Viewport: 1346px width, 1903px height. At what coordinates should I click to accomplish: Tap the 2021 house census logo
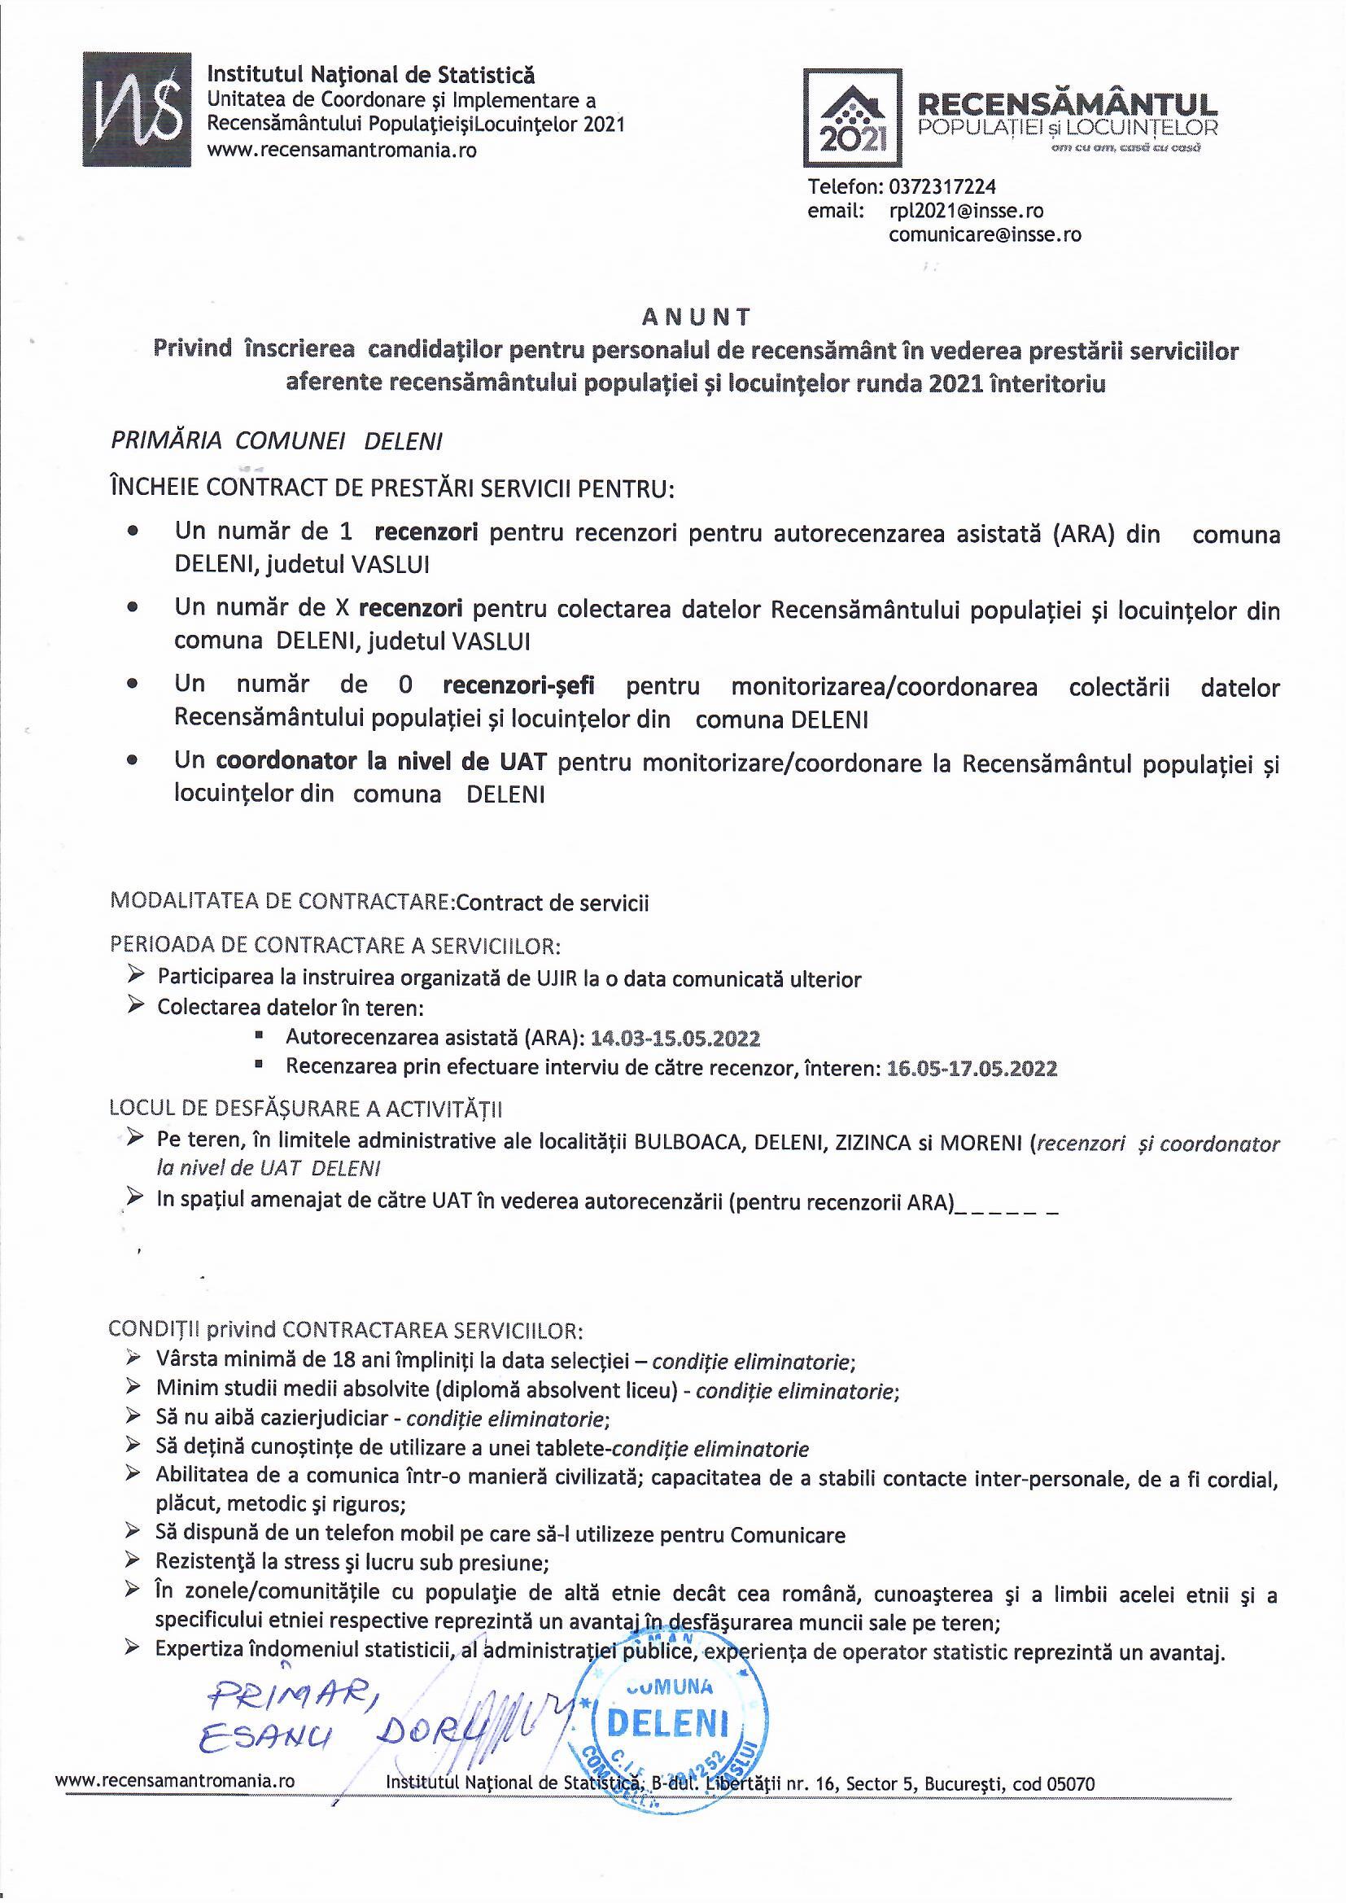pos(853,119)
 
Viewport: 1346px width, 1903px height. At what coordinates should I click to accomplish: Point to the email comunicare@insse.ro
pos(985,234)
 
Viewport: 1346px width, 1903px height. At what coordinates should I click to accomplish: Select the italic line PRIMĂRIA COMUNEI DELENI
pos(276,442)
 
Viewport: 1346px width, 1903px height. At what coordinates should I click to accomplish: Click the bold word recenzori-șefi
pos(519,686)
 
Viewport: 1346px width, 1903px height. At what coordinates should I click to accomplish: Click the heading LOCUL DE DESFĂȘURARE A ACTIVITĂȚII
pos(306,1109)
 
